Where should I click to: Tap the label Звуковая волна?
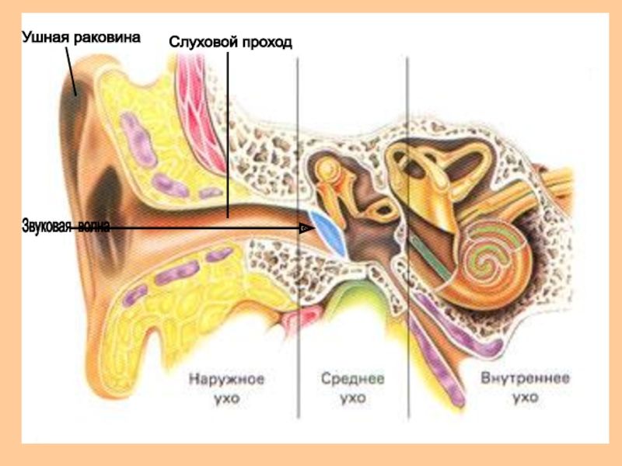66,226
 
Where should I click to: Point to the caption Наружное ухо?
226,388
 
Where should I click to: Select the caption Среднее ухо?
353,388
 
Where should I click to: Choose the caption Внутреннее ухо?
525,388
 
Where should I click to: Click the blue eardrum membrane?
328,232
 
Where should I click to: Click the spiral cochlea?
493,261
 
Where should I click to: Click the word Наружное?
226,380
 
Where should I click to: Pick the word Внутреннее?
525,380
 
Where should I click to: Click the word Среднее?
353,380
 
